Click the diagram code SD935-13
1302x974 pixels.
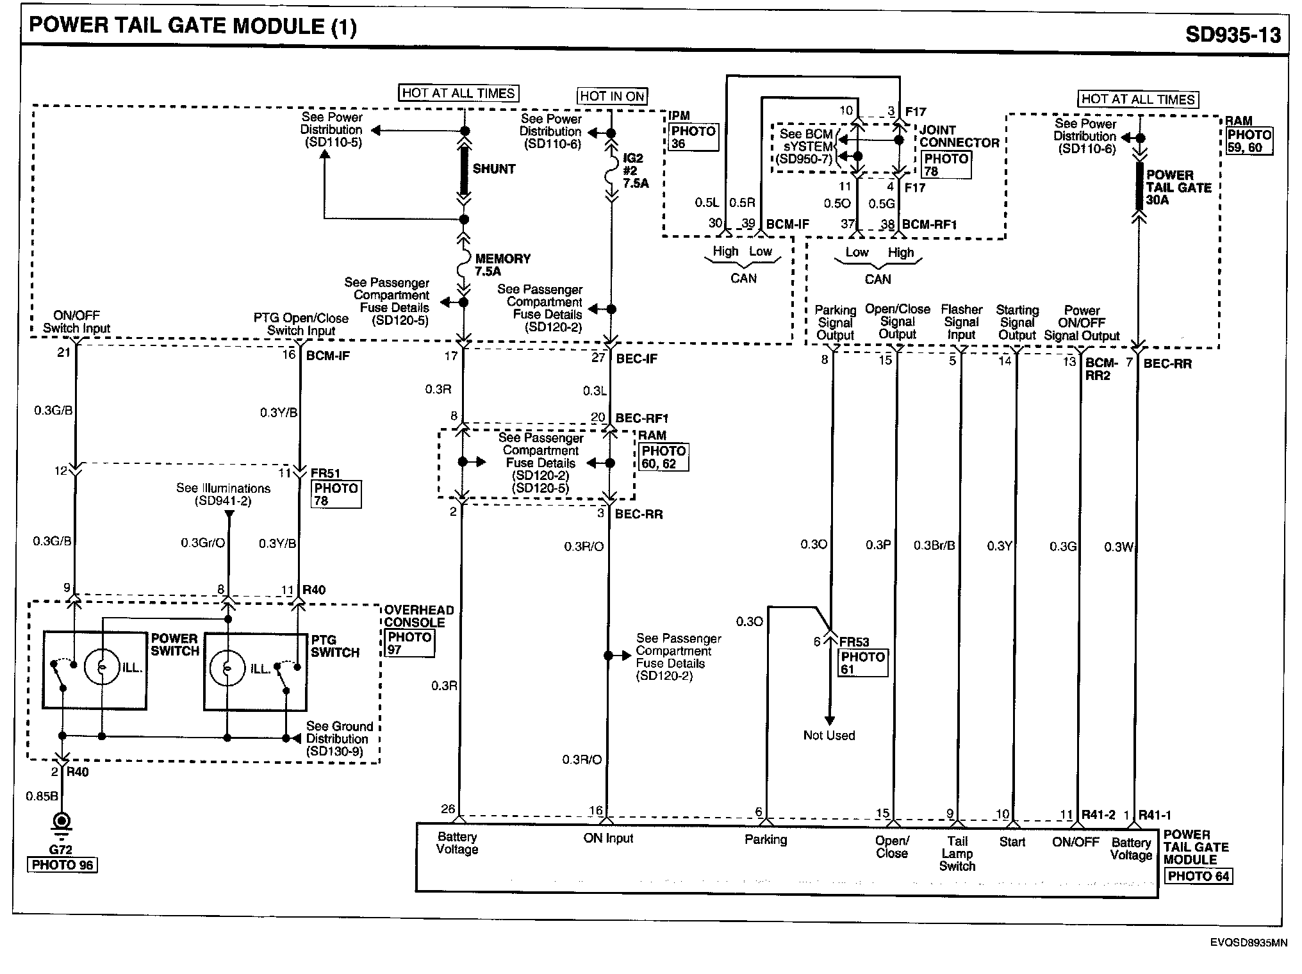[x=1232, y=34]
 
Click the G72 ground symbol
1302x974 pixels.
[x=62, y=823]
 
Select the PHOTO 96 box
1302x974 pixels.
[x=62, y=865]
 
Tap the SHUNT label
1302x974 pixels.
[x=494, y=169]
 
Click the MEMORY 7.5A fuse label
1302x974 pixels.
[x=502, y=265]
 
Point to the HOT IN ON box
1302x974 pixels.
[x=612, y=96]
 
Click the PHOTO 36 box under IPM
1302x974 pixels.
[x=693, y=138]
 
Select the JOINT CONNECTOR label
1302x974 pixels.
[x=959, y=136]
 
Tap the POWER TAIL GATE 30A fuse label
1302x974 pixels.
[x=1178, y=187]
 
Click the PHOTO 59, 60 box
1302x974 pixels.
[x=1249, y=141]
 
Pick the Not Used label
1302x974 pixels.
[x=829, y=736]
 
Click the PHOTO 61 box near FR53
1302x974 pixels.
[x=862, y=663]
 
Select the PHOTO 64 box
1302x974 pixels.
[x=1198, y=876]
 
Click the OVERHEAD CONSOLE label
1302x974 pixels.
[x=419, y=616]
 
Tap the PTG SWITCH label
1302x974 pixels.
[x=334, y=646]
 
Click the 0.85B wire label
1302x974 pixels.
[x=42, y=797]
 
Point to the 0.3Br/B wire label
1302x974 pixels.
[x=934, y=546]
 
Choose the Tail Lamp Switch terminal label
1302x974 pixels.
[x=957, y=854]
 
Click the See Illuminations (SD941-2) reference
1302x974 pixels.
[x=223, y=495]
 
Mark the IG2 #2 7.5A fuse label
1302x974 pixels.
[x=635, y=170]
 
